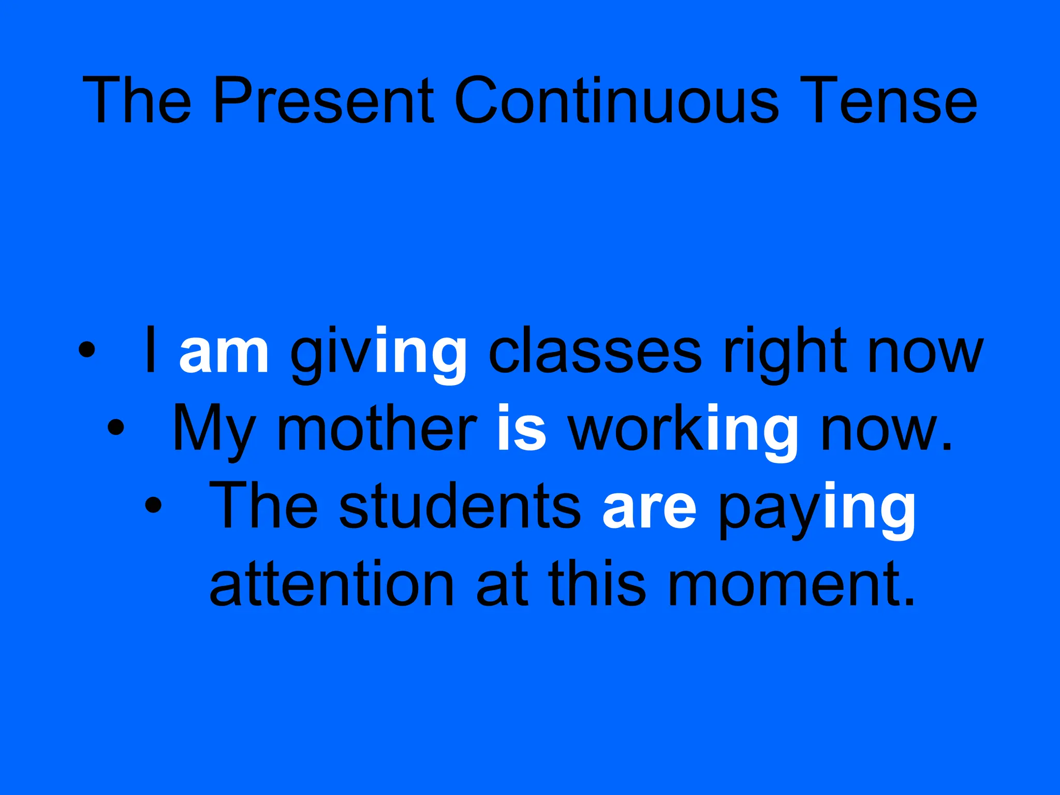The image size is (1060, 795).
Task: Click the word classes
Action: pos(595,352)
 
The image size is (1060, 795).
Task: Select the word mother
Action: pos(377,430)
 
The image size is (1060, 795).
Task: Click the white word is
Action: pos(521,430)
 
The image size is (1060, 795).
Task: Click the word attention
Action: pos(332,585)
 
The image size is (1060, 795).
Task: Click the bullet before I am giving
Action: pos(87,351)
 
